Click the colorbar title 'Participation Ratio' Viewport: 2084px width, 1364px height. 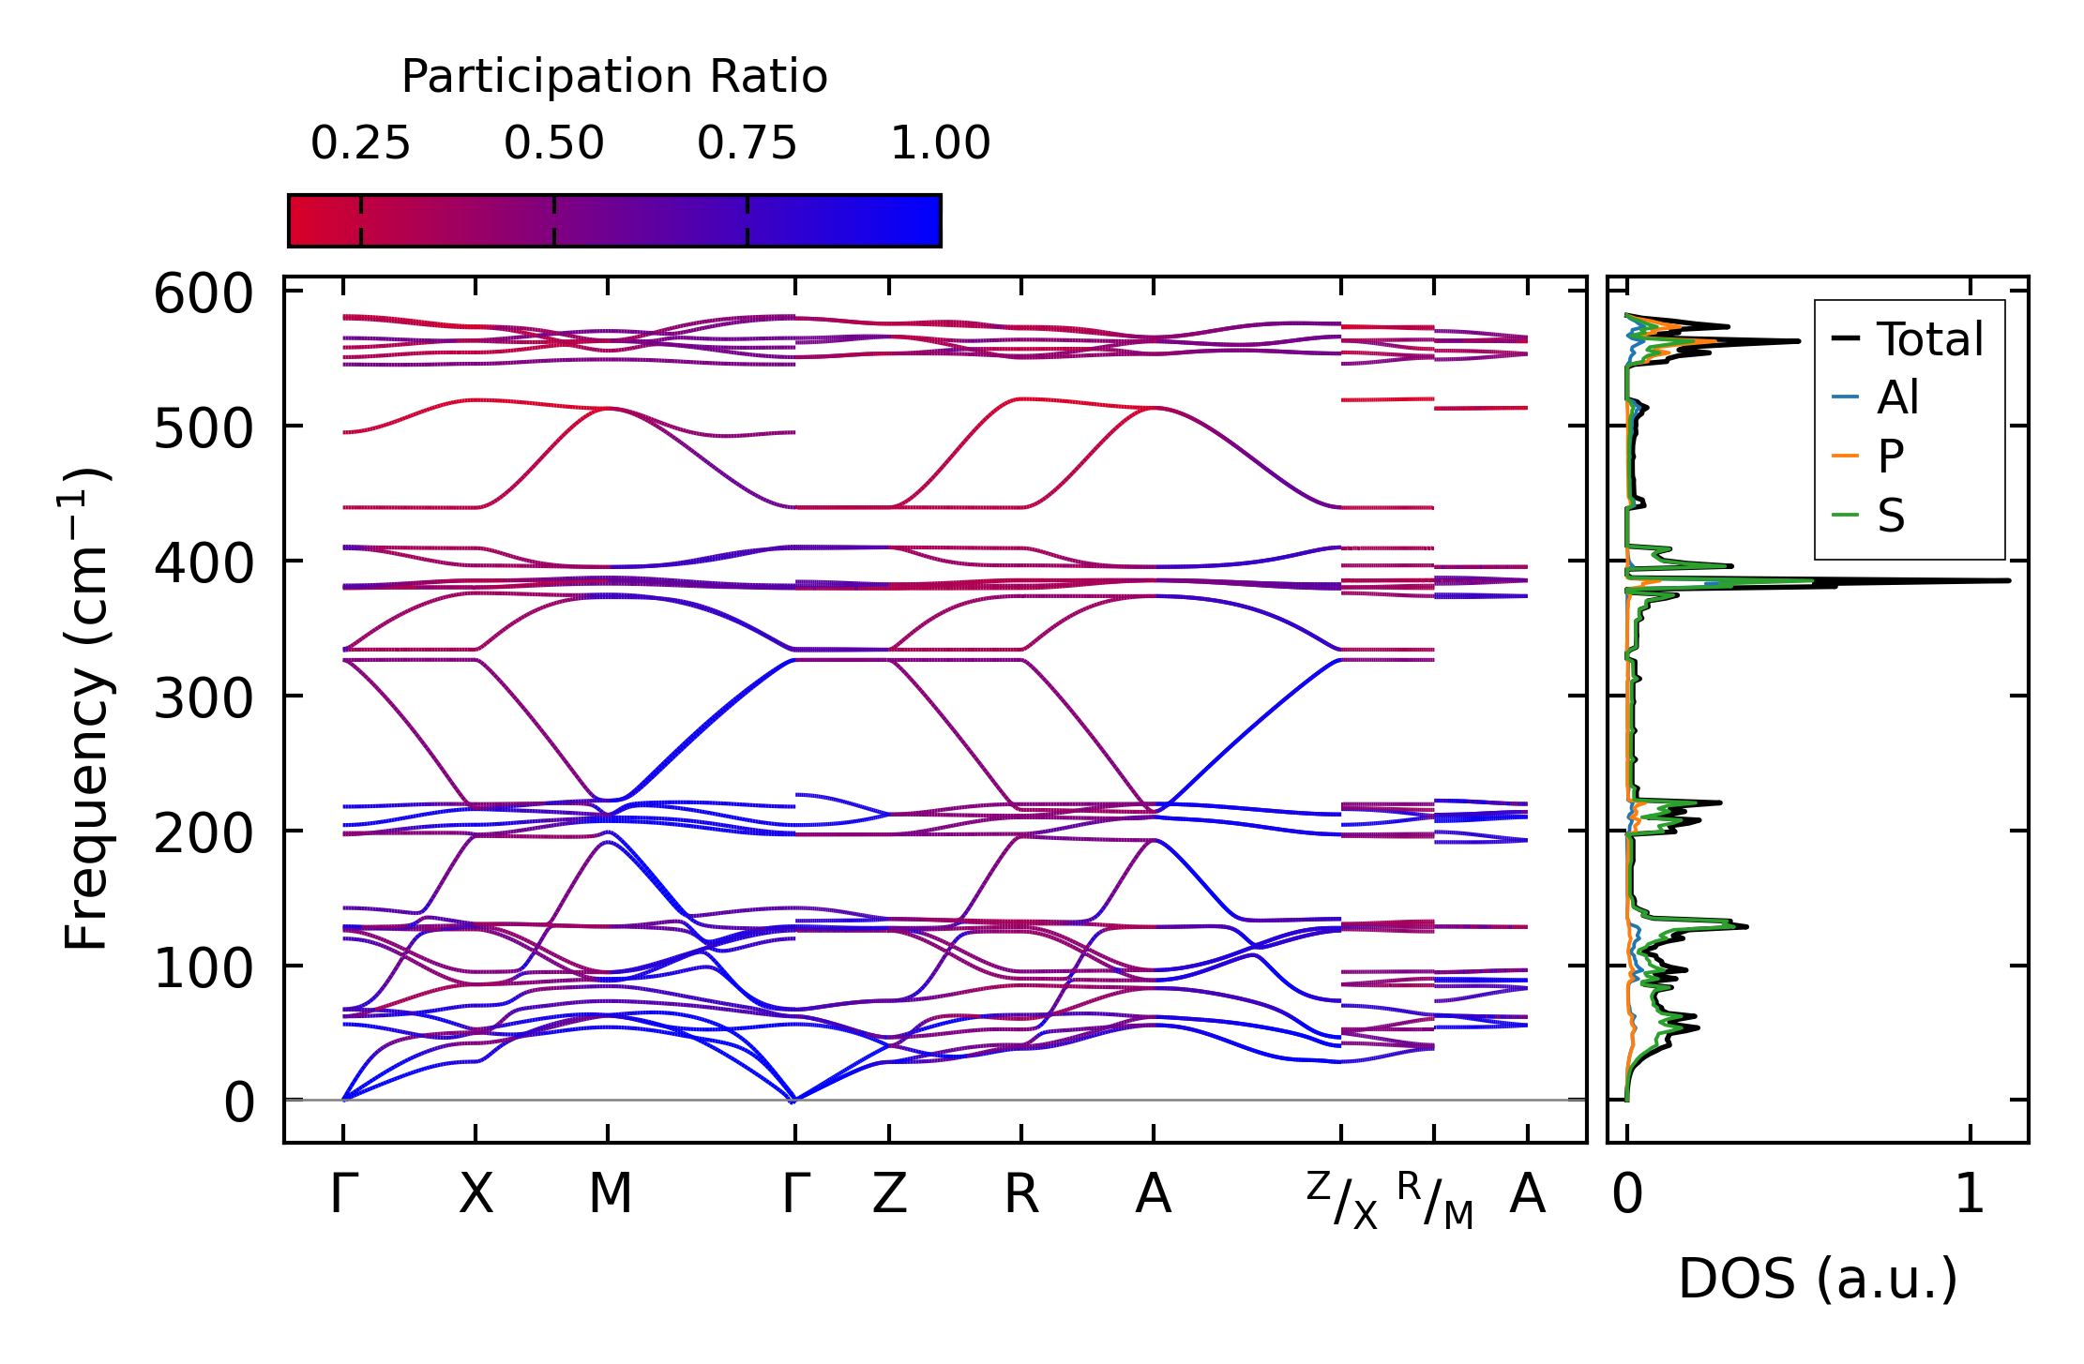tap(614, 77)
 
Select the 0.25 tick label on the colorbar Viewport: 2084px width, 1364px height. tap(360, 143)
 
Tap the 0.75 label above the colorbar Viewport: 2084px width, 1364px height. tap(747, 143)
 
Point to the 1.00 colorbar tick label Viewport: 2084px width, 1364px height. tap(940, 143)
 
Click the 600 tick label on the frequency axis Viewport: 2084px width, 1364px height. tap(204, 294)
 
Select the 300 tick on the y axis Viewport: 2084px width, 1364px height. tap(204, 698)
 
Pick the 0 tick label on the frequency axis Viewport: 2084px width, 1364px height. tap(239, 1103)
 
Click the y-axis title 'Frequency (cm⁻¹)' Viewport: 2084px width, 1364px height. tap(86, 709)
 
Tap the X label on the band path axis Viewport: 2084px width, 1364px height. tap(476, 1195)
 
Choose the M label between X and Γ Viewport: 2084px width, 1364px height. tap(610, 1195)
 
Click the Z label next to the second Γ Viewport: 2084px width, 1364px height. tap(889, 1195)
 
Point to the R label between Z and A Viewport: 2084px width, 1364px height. tap(1021, 1195)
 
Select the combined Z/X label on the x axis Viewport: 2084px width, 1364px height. tap(1342, 1200)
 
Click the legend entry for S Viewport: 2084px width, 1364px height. tap(1891, 516)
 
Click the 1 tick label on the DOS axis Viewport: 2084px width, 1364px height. tap(1970, 1195)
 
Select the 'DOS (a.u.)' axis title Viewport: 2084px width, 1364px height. tap(1818, 1279)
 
